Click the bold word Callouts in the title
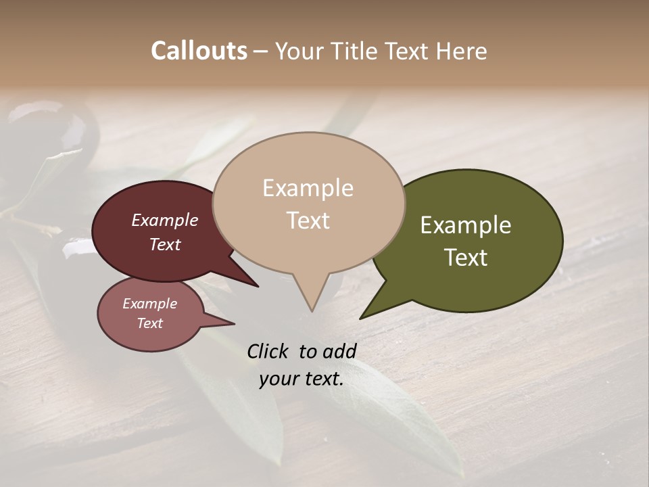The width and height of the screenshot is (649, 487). pyautogui.click(x=199, y=51)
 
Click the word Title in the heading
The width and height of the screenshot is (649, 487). pyautogui.click(x=359, y=51)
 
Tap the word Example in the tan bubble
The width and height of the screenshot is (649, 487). pyautogui.click(x=308, y=188)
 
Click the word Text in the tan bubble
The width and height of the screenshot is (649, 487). pyautogui.click(x=308, y=221)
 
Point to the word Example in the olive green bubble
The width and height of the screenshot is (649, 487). pyautogui.click(x=466, y=225)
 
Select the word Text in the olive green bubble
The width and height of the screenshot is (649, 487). pyautogui.click(x=466, y=258)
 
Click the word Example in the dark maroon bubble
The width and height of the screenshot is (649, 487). pyautogui.click(x=164, y=220)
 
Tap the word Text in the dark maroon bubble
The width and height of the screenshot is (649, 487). pyautogui.click(x=164, y=244)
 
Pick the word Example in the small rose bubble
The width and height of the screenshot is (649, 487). pyautogui.click(x=149, y=304)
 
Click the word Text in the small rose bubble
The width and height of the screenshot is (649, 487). pyautogui.click(x=149, y=323)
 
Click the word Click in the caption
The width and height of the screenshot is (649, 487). pyautogui.click(x=268, y=351)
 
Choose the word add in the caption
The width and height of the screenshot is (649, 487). pyautogui.click(x=339, y=351)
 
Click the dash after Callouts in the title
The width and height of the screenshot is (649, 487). pyautogui.click(x=261, y=51)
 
